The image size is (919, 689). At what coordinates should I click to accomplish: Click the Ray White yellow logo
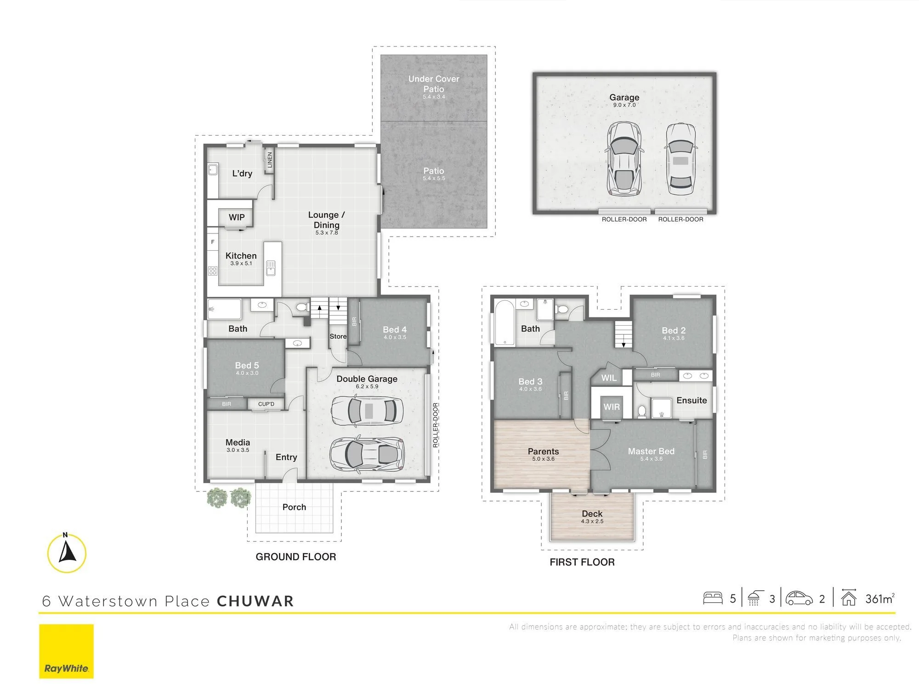66,651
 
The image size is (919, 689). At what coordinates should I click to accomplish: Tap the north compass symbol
67,553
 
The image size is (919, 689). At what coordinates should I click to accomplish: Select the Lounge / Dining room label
326,220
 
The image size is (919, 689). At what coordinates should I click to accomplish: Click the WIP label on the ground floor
237,217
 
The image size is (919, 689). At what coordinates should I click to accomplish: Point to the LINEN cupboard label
270,160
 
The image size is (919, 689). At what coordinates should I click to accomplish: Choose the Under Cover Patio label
434,84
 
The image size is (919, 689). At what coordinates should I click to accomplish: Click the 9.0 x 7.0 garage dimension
624,105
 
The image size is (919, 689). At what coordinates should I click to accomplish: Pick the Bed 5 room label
247,365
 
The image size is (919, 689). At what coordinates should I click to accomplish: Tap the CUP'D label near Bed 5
266,404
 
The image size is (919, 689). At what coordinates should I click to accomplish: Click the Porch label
294,507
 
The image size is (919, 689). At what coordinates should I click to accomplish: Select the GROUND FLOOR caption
296,557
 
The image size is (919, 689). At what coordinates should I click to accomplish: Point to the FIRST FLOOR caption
582,562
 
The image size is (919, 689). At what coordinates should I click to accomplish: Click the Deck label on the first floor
592,514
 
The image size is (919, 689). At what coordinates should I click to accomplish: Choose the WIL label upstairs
609,378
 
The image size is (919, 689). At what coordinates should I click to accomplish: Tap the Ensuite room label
692,401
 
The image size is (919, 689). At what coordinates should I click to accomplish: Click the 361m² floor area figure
880,599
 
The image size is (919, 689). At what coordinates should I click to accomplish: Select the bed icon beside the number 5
713,598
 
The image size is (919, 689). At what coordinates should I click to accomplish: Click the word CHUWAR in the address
255,601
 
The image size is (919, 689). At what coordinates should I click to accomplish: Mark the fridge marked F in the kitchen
212,242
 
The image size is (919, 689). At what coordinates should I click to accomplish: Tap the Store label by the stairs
338,336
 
